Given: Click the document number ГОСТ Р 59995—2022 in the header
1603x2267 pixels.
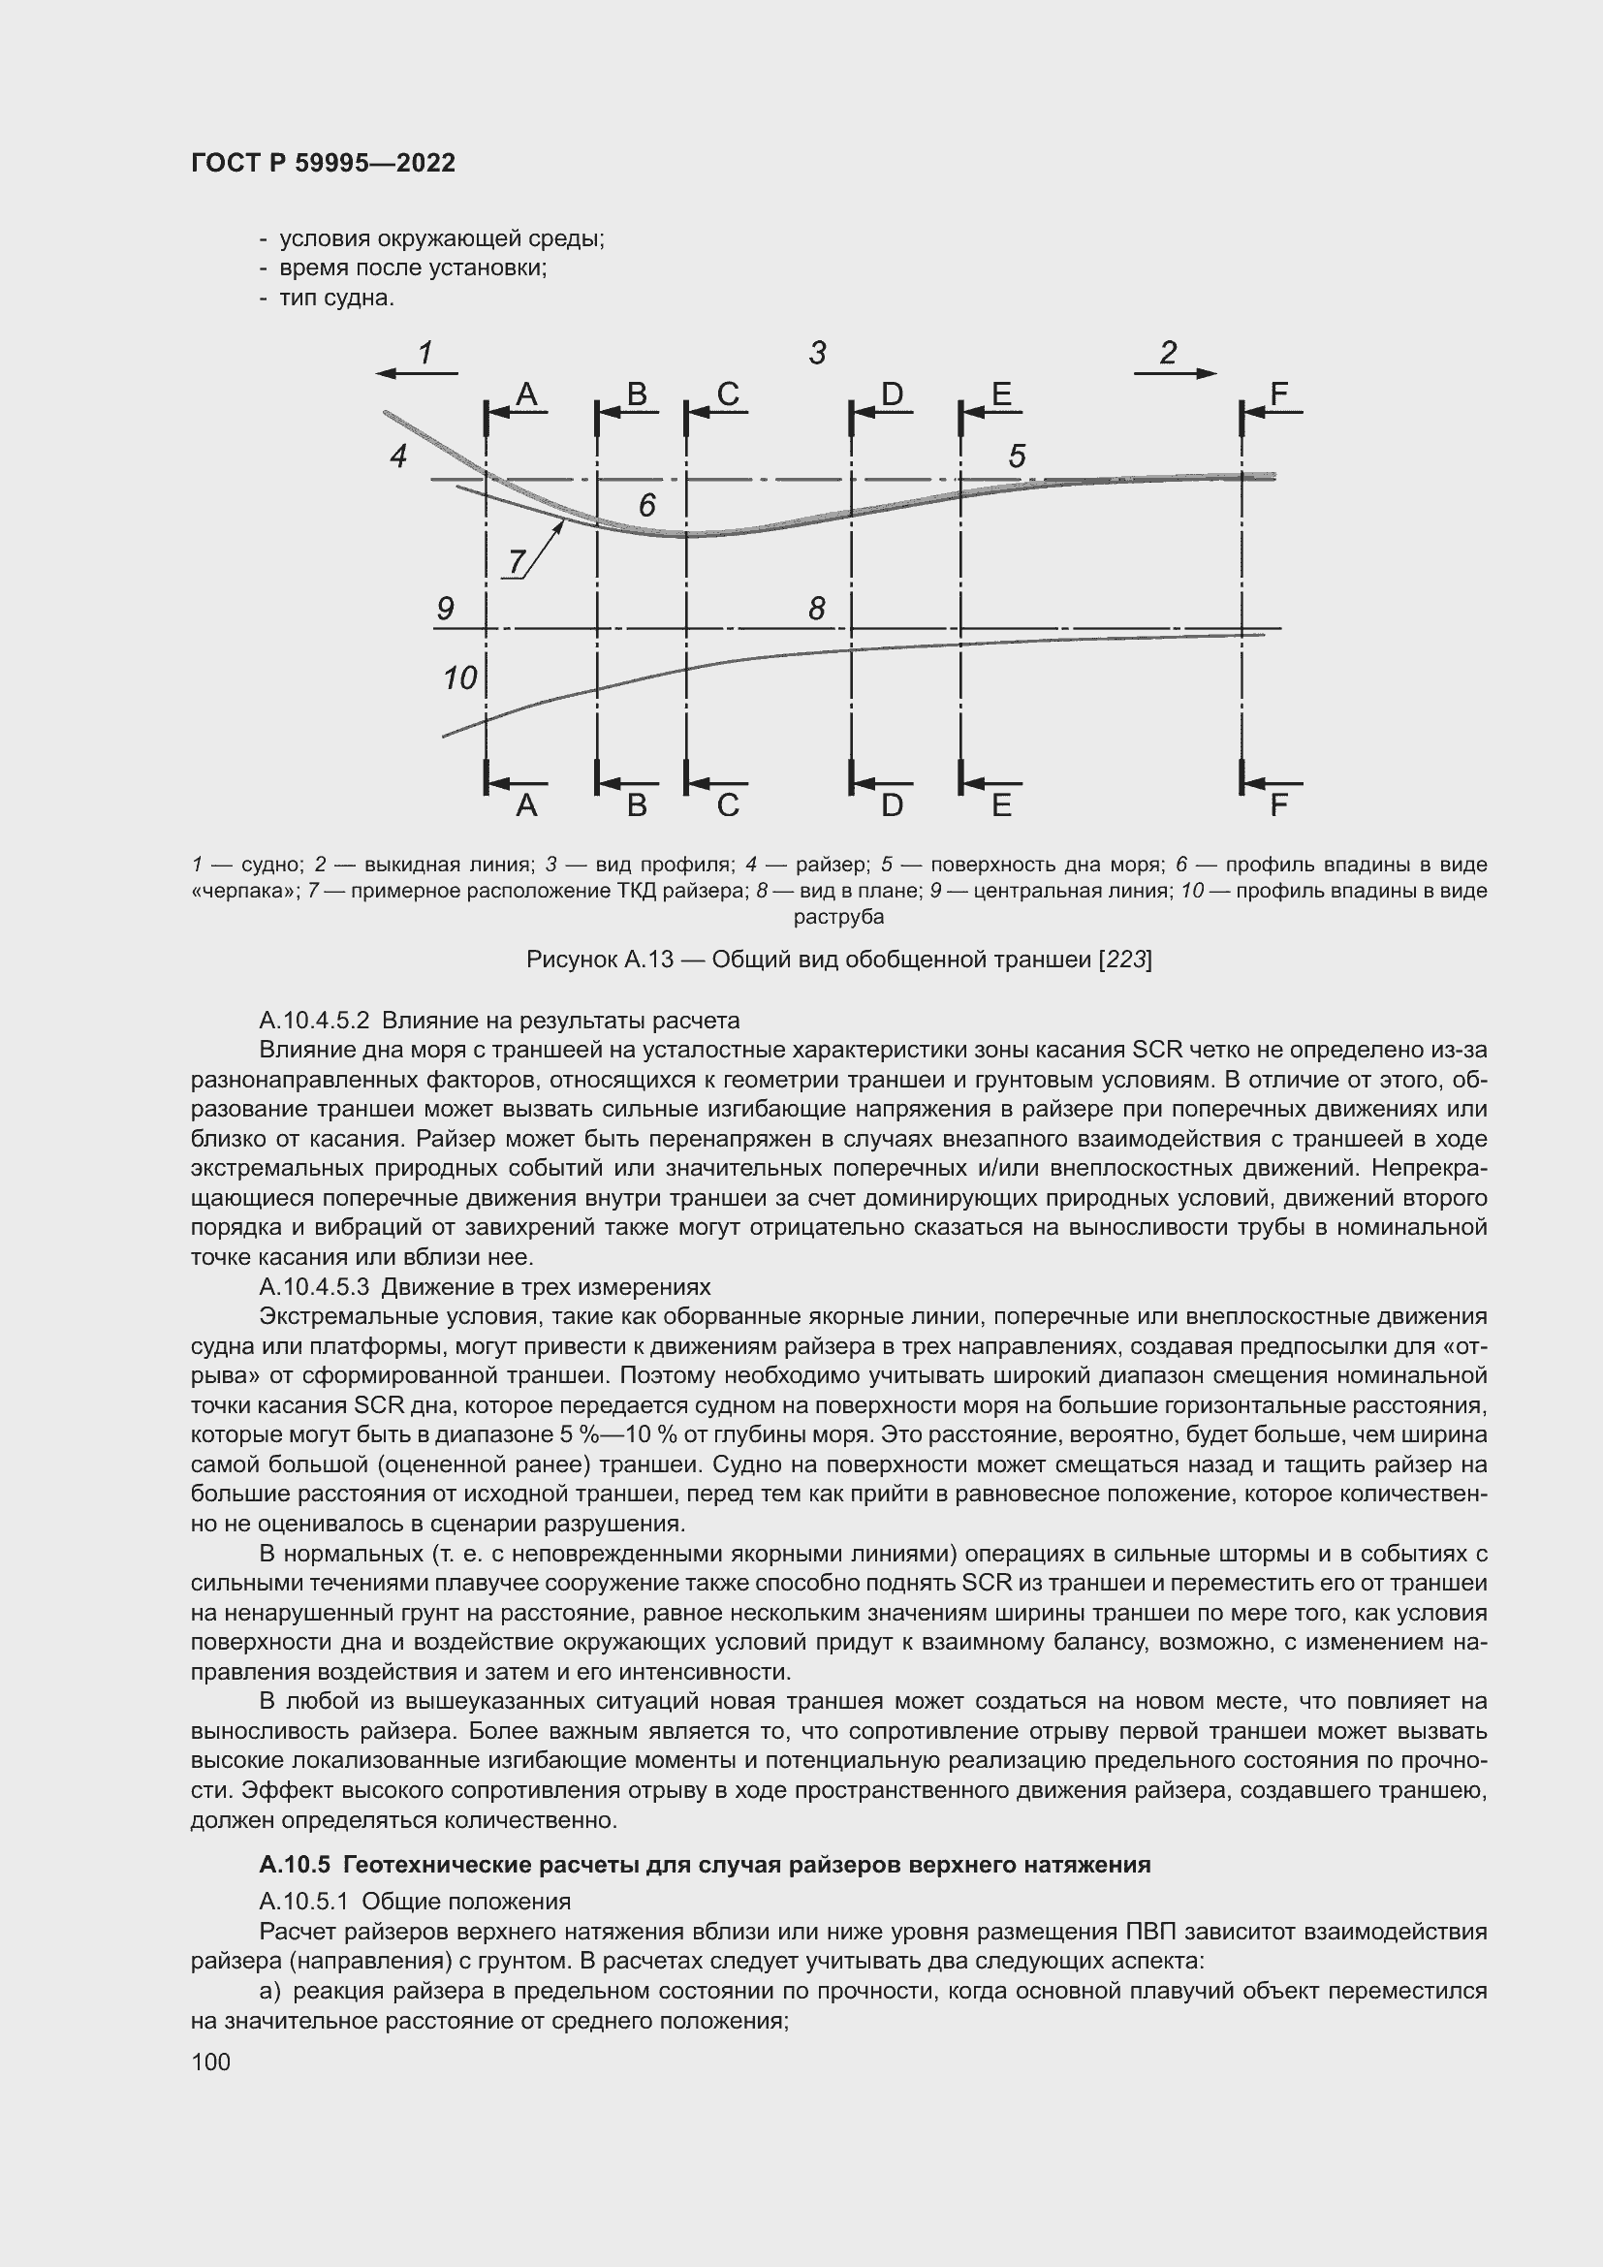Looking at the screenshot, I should click(323, 164).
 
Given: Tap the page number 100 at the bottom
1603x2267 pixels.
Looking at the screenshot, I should click(210, 2062).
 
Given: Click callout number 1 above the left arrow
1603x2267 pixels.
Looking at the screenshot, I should click(425, 353).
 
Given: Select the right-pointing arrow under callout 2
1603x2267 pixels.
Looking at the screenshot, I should click(1175, 373).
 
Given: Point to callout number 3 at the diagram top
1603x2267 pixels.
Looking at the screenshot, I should click(817, 353).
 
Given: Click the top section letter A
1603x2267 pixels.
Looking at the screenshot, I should click(526, 394).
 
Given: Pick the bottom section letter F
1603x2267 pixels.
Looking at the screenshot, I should click(1278, 805).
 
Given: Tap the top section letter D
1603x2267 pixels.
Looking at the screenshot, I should click(892, 394).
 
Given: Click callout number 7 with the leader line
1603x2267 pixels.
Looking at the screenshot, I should click(516, 562).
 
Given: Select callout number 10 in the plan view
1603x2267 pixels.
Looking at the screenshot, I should click(460, 678).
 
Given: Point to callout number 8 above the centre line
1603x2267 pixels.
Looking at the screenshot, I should click(816, 609).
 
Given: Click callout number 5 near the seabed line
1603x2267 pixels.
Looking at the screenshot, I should click(1017, 457).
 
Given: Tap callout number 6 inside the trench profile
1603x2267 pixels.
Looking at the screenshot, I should click(646, 506).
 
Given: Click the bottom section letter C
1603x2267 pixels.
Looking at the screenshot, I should click(728, 805).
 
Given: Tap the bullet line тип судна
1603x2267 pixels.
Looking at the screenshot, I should click(335, 299).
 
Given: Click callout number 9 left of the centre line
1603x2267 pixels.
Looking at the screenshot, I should click(445, 609).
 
